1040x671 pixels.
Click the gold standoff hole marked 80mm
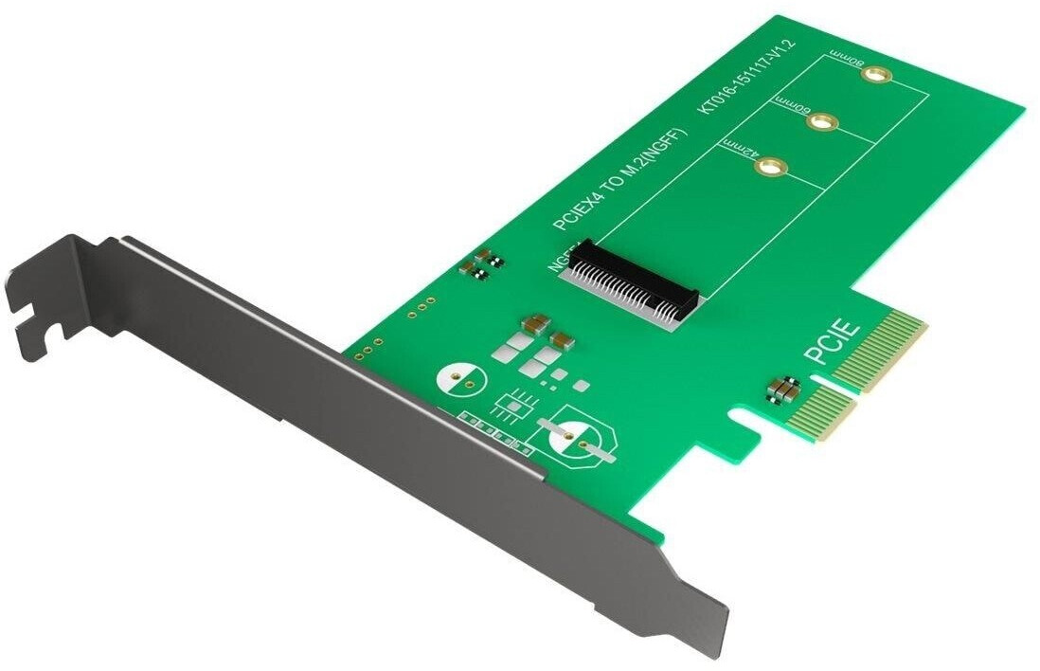879,76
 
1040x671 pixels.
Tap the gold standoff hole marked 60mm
822,122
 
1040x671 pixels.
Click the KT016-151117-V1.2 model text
748,76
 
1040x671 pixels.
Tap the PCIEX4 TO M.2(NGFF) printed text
620,180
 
